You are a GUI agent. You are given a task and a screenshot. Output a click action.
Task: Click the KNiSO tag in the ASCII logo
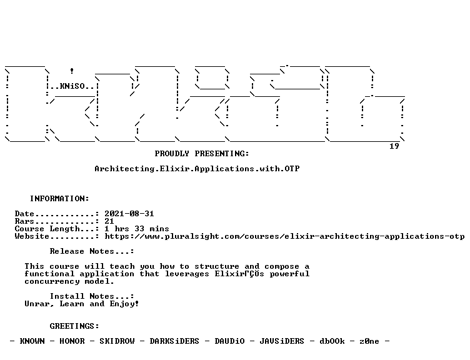tap(72, 86)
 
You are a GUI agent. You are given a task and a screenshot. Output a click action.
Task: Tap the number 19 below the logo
tap(394, 146)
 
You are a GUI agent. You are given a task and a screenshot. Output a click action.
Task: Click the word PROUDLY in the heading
tap(172, 154)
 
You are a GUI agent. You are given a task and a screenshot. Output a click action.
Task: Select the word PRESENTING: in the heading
tap(222, 154)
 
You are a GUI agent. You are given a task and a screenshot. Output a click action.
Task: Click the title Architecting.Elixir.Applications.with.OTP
tap(197, 169)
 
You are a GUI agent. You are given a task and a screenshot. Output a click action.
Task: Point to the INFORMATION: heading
tap(59, 199)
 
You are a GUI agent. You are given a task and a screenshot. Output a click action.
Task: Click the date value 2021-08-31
tap(129, 214)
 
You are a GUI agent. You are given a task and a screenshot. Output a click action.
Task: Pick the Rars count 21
tap(109, 221)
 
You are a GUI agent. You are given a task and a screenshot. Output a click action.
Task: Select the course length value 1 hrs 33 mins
tap(137, 229)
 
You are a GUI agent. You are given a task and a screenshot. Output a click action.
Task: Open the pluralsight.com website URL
tap(284, 236)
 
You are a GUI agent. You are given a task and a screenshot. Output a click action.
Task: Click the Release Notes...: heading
tap(92, 251)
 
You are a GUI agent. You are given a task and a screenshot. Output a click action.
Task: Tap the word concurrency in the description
tap(52, 281)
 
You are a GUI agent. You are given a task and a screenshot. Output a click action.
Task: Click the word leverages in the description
tap(187, 274)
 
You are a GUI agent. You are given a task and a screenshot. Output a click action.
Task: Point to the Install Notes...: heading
tap(92, 296)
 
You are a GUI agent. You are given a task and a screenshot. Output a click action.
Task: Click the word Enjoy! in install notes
tap(124, 304)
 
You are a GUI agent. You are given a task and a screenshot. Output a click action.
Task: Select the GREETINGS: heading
tap(74, 326)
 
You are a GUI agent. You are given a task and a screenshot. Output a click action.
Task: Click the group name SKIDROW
tap(117, 341)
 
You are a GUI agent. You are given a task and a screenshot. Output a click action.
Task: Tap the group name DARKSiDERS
tap(174, 341)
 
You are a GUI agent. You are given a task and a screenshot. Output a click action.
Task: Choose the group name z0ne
tap(369, 341)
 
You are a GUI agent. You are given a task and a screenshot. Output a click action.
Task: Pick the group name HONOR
tap(72, 341)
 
